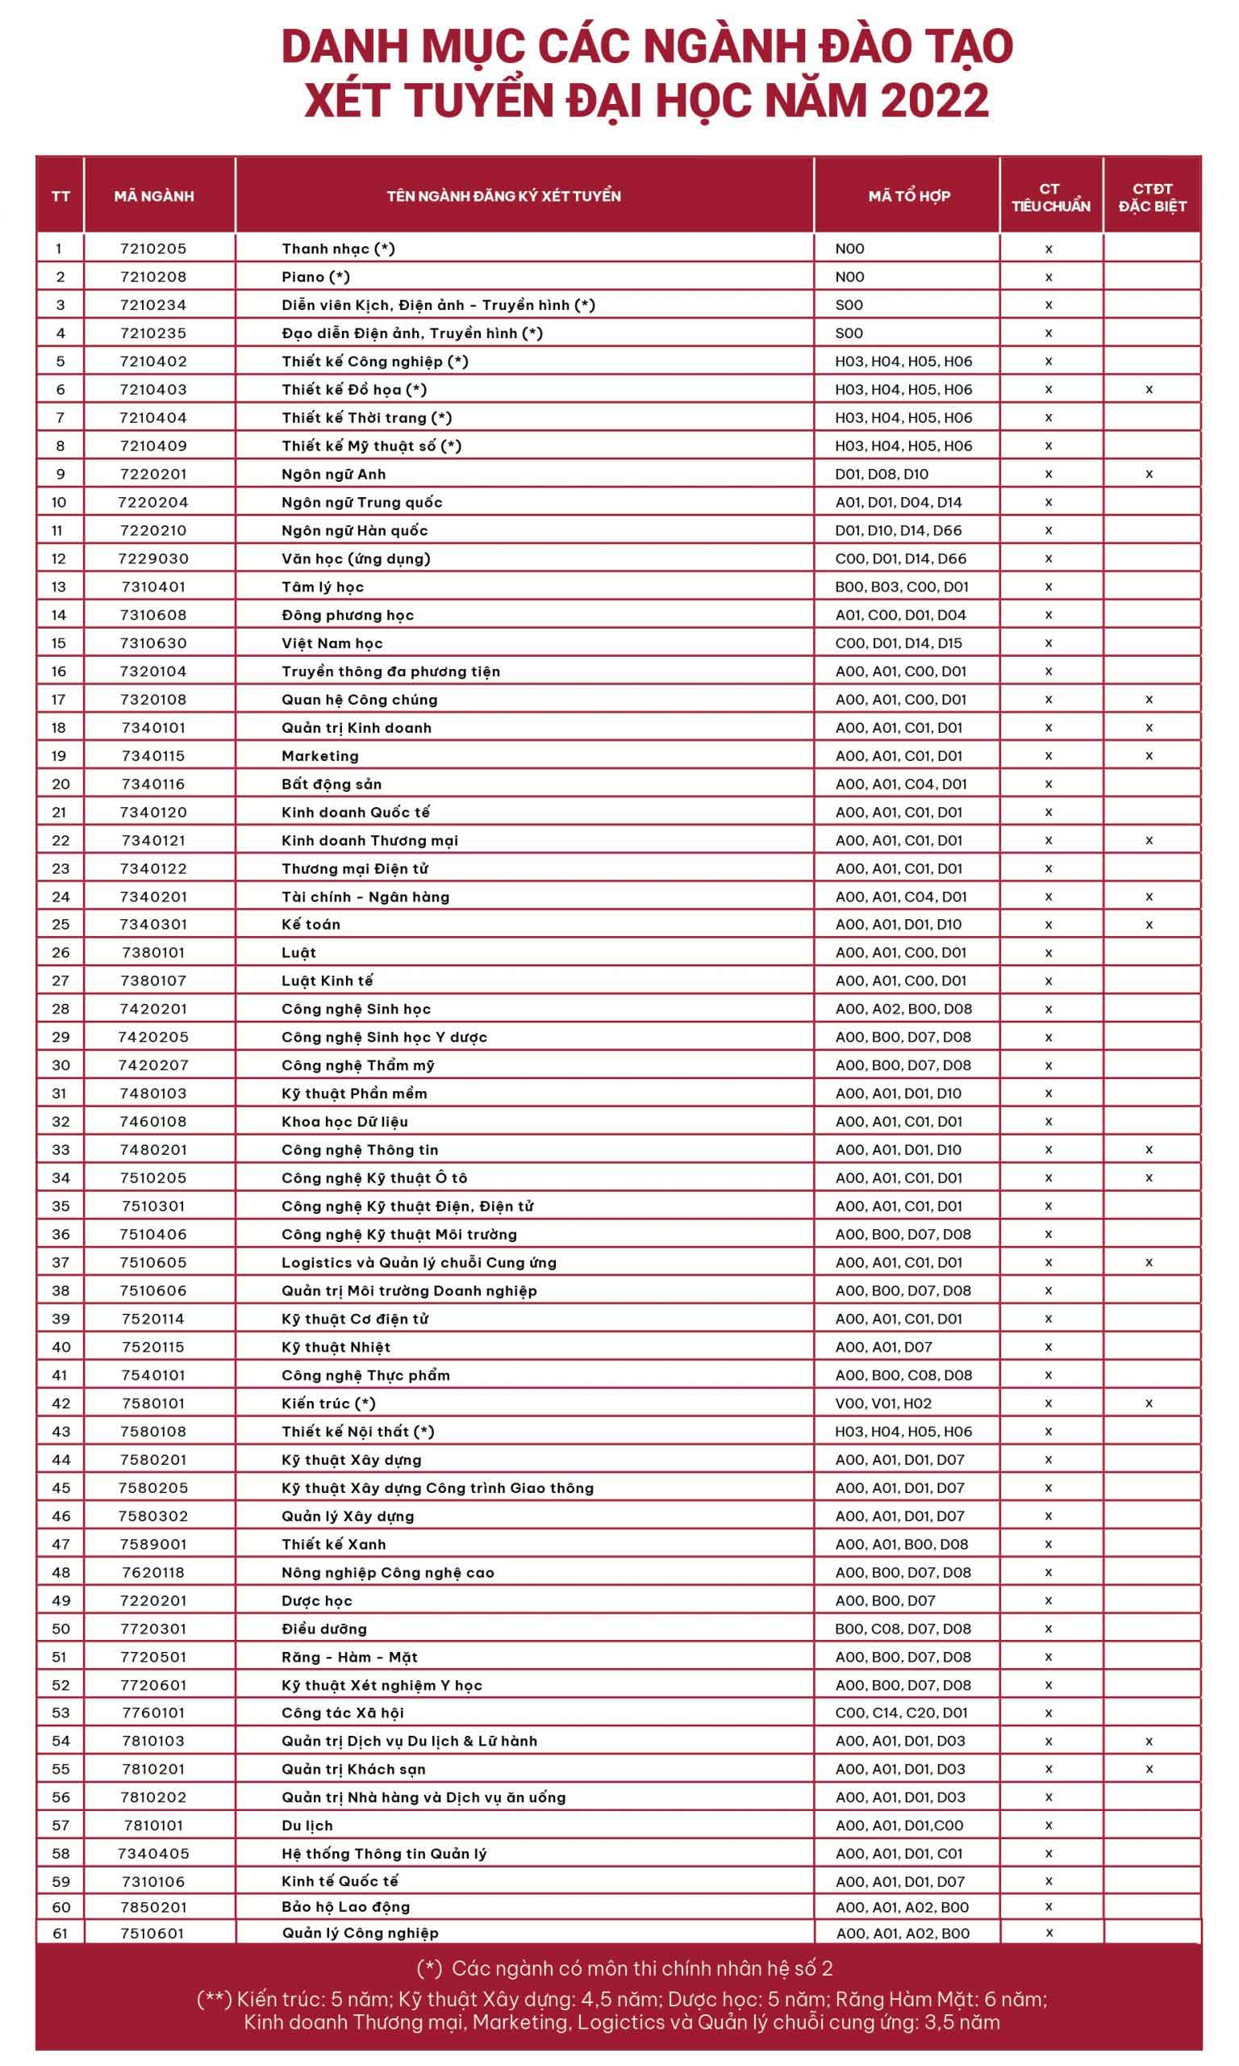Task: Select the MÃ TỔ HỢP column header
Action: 908,196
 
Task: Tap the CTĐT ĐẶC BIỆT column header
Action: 1152,197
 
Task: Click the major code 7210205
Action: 153,249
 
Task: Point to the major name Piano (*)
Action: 315,278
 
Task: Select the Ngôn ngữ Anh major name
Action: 333,475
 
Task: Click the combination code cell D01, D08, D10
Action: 882,475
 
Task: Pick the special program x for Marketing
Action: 1149,755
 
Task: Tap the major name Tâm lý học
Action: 323,587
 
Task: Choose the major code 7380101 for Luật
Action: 153,953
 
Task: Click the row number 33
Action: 60,1150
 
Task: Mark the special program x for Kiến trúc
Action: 1149,1403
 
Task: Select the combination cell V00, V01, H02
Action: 883,1403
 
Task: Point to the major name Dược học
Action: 316,1601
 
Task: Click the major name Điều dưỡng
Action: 324,1629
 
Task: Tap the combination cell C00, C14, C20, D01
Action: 901,1713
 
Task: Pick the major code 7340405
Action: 153,1854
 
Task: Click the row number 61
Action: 60,1933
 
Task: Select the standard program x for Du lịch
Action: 1049,1826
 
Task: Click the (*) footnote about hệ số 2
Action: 624,1968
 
